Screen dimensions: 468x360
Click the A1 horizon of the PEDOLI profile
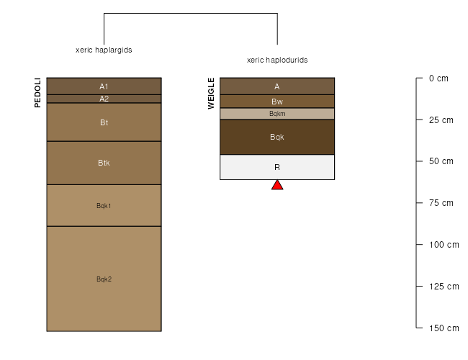(104, 86)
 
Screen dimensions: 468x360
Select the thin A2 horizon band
(104, 99)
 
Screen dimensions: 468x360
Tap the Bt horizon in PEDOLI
(104, 122)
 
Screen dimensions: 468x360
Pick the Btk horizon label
(104, 163)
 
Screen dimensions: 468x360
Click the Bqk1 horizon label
(104, 206)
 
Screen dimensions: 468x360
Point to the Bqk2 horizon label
(104, 279)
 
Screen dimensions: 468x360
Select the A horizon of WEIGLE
(277, 86)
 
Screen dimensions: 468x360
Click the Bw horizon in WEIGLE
(277, 102)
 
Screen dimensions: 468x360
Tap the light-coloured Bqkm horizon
(277, 114)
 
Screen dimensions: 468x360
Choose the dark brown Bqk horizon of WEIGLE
(277, 137)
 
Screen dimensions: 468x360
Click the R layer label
(277, 167)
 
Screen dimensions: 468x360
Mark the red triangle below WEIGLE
(277, 185)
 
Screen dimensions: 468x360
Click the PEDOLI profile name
(37, 93)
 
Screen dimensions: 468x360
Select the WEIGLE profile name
(211, 94)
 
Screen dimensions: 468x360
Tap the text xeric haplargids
(104, 50)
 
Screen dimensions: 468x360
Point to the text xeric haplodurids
(277, 60)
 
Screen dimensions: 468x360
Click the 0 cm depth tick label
(438, 78)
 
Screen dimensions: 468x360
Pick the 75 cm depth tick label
(441, 203)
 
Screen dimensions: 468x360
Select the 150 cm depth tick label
(444, 328)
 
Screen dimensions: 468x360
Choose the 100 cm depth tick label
(444, 245)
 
